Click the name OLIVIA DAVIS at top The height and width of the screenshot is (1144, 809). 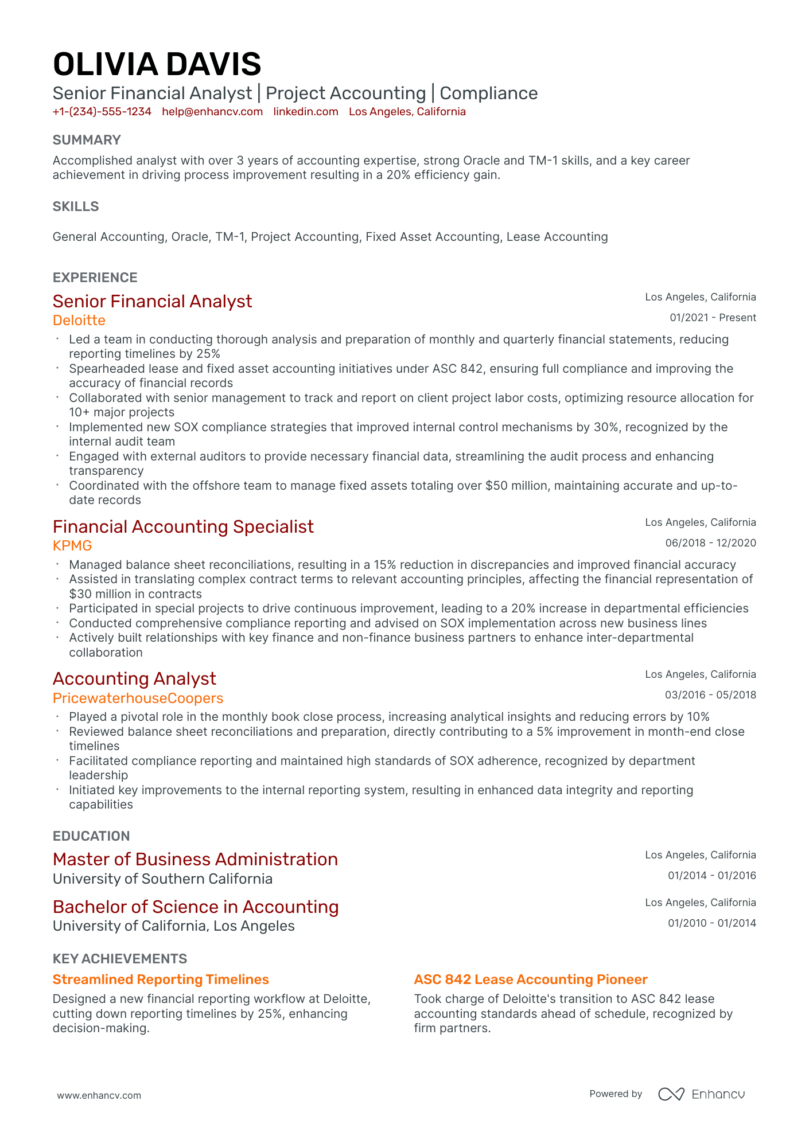[157, 64]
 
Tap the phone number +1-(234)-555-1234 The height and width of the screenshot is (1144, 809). [102, 112]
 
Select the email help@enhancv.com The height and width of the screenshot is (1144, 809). [212, 112]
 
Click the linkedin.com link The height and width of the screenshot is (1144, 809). [305, 112]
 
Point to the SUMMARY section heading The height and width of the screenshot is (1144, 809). [87, 140]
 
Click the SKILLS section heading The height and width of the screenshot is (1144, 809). [76, 206]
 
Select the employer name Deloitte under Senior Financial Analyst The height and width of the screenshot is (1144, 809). [79, 320]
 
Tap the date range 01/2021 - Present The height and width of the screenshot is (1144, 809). [713, 318]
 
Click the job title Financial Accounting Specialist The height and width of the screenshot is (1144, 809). [183, 526]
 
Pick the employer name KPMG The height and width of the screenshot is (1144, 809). [72, 545]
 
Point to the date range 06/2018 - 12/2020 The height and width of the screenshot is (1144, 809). [710, 543]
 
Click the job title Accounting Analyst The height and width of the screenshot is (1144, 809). [134, 678]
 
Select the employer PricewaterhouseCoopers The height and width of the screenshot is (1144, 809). [138, 698]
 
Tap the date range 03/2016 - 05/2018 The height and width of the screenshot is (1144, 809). [710, 695]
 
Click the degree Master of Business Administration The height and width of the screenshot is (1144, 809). [195, 859]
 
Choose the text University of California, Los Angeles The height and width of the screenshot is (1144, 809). [173, 926]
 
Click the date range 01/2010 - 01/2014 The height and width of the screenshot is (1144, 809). [711, 923]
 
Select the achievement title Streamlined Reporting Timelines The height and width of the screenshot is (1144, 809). [161, 979]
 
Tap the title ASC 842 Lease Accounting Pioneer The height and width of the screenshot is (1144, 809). [530, 979]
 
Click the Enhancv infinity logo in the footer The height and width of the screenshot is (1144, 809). [671, 1094]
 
